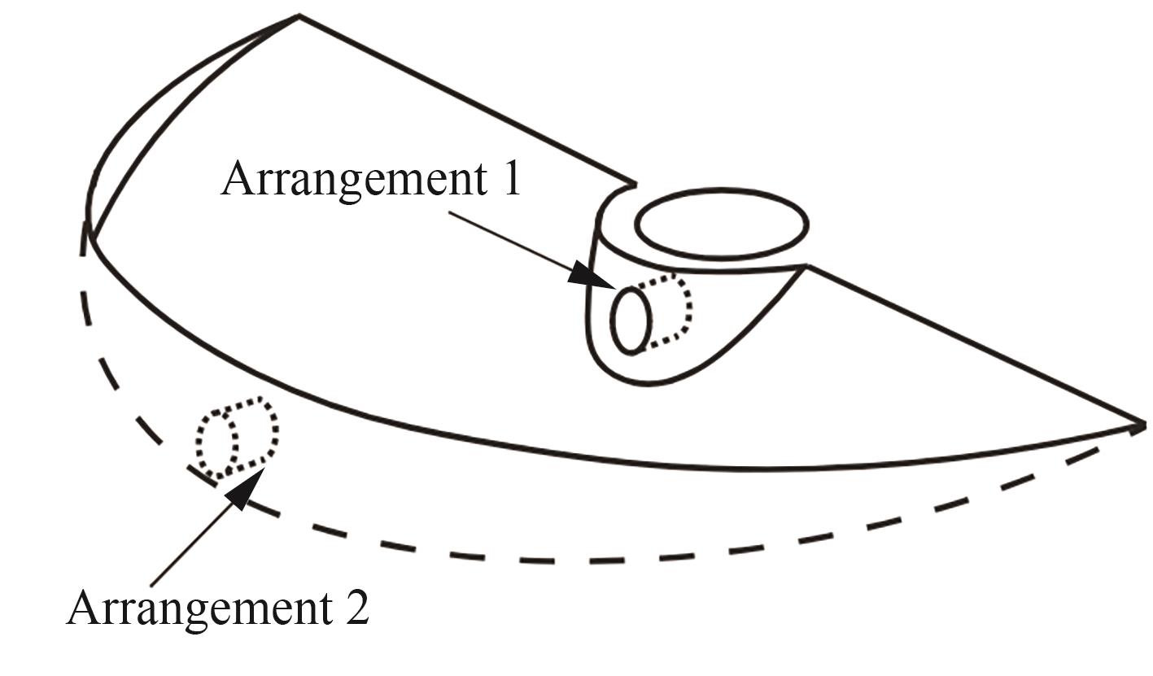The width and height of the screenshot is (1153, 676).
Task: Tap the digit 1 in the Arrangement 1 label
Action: [x=512, y=178]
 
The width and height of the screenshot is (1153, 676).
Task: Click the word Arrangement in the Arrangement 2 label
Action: [x=199, y=610]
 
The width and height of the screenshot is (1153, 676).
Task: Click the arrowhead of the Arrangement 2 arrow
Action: [x=245, y=488]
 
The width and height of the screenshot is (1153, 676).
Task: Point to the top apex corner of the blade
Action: [x=299, y=16]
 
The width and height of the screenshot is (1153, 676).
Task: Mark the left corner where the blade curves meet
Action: [x=90, y=237]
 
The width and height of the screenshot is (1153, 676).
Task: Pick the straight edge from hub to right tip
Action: [x=976, y=345]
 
